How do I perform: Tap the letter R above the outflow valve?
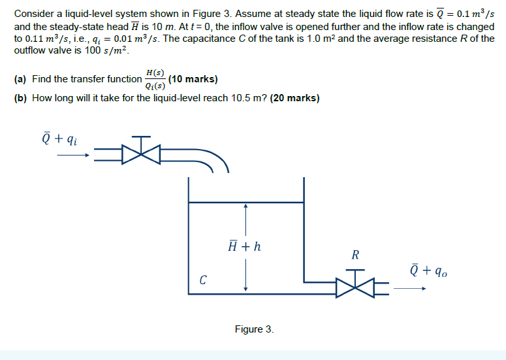[355, 255]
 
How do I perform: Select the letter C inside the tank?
[204, 281]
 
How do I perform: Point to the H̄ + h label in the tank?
[245, 247]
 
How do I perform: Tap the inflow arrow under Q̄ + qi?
[72, 156]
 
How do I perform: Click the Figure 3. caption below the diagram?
[254, 329]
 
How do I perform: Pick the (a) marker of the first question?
[20, 79]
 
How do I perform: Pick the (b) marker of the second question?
[20, 99]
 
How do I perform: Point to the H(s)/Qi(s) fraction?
[155, 78]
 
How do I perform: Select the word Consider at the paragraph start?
[33, 13]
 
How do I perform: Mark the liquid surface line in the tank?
[245, 202]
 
